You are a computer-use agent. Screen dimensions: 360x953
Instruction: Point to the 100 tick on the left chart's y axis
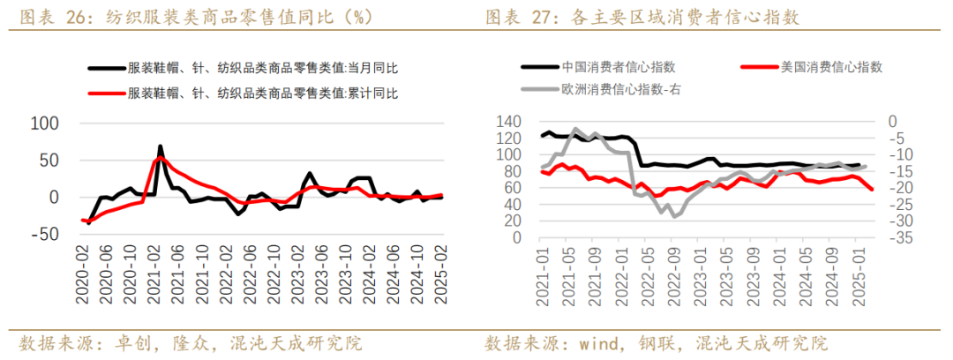[43, 124]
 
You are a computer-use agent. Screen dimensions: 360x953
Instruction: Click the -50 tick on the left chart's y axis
[43, 234]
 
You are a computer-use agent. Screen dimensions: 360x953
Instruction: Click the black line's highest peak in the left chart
[160, 146]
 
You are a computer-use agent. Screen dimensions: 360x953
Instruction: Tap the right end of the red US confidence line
[872, 189]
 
